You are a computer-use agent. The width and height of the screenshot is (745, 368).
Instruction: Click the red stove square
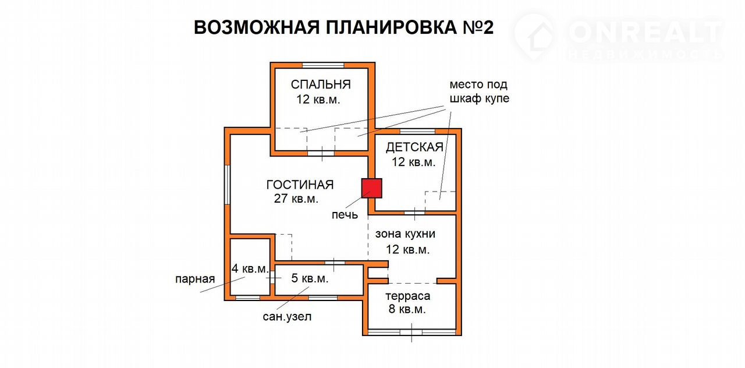[x=371, y=188]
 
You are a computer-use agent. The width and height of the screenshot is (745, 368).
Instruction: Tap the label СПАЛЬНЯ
[x=321, y=84]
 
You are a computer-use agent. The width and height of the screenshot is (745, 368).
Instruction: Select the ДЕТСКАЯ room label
[x=414, y=147]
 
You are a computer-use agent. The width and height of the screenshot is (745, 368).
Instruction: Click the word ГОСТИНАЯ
[x=300, y=185]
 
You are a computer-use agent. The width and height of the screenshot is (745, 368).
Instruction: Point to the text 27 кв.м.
[x=296, y=199]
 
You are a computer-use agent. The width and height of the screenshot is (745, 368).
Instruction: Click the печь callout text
[x=345, y=215]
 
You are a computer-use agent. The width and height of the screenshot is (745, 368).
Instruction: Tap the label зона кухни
[x=405, y=234]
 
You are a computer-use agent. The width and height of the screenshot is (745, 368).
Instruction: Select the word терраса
[x=408, y=296]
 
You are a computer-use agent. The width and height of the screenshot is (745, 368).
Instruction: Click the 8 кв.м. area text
[x=407, y=309]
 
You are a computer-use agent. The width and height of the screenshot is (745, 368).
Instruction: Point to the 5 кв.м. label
[x=310, y=278]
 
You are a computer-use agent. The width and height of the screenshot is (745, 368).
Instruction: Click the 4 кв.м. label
[x=250, y=268]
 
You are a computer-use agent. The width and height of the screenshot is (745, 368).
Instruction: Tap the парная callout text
[x=195, y=279]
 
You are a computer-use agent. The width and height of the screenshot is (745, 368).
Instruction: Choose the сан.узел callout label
[x=287, y=316]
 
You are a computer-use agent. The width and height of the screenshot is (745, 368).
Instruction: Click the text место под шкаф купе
[x=479, y=91]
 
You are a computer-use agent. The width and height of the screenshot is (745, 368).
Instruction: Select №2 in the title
[x=478, y=27]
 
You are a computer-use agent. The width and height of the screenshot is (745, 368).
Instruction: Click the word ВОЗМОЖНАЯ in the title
[x=257, y=27]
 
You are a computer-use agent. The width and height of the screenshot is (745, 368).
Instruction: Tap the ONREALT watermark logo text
[x=645, y=31]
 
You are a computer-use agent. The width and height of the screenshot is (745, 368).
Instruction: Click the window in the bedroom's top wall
[x=322, y=65]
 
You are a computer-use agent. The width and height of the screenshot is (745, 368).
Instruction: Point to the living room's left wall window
[x=228, y=185]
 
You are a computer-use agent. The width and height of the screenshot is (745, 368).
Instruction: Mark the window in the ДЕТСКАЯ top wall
[x=417, y=132]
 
